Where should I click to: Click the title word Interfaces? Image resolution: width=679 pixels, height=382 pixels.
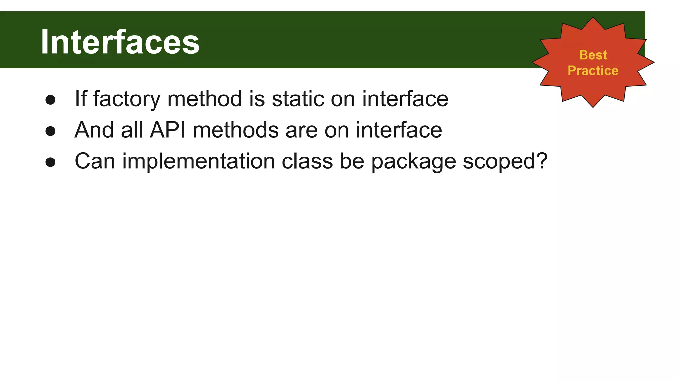pos(120,42)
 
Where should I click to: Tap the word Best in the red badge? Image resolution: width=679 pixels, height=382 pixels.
pos(593,55)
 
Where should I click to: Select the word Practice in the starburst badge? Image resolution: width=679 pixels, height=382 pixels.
pos(593,71)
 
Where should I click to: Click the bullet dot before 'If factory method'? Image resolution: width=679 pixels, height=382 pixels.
pos(50,100)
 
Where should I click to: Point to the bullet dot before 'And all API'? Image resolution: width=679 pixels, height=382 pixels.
pos(50,131)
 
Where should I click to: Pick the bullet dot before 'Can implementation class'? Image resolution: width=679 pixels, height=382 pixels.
pos(50,162)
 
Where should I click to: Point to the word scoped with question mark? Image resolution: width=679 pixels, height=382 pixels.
pos(505,161)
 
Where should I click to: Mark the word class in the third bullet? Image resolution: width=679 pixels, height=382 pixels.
pos(307,161)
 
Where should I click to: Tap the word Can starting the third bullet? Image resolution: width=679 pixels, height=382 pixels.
pos(95,161)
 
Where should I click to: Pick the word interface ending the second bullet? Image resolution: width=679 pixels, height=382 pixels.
pos(399,130)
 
